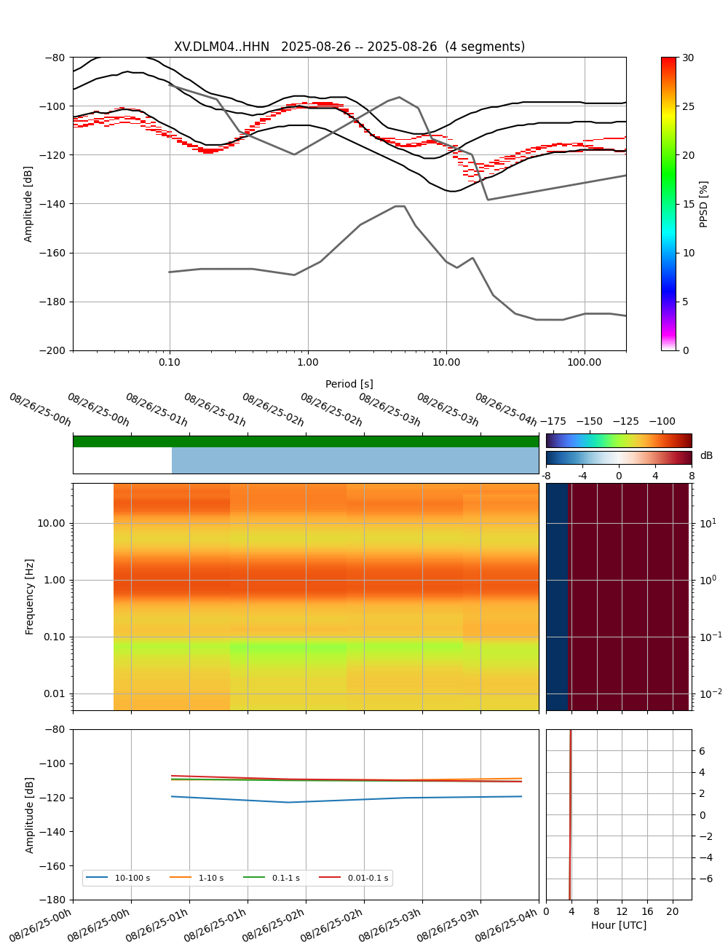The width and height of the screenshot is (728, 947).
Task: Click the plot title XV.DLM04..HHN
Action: pyautogui.click(x=349, y=47)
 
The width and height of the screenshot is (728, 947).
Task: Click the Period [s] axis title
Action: pyautogui.click(x=349, y=384)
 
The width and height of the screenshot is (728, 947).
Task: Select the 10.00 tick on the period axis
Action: pyautogui.click(x=446, y=362)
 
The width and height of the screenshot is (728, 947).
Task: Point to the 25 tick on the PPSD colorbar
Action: pyautogui.click(x=687, y=106)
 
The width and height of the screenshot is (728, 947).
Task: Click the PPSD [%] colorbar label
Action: pyautogui.click(x=704, y=204)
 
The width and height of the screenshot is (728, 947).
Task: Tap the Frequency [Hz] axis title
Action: pyautogui.click(x=30, y=597)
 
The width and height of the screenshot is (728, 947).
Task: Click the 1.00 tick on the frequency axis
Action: pyautogui.click(x=52, y=581)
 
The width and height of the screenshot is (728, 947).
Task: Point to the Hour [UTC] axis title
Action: pyautogui.click(x=619, y=925)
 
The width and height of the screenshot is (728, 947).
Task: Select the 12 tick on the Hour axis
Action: pyautogui.click(x=622, y=912)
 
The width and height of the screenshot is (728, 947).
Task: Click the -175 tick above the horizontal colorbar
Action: pyautogui.click(x=553, y=422)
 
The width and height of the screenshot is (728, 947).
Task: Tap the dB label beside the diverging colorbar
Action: pyautogui.click(x=706, y=456)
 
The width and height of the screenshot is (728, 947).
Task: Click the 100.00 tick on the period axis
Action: pyautogui.click(x=585, y=362)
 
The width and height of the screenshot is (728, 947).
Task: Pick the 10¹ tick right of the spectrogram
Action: pyautogui.click(x=708, y=523)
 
